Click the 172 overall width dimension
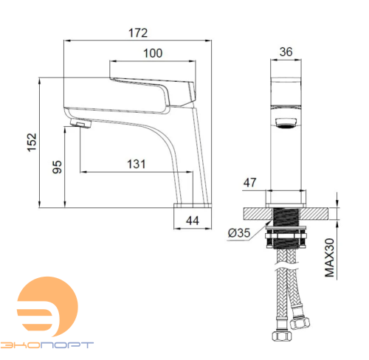(x=138, y=33)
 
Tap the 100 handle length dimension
(x=153, y=53)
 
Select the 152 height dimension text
(x=32, y=142)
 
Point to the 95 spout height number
(x=57, y=167)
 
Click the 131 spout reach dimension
(x=137, y=164)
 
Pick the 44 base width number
(x=193, y=221)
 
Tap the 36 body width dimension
(x=286, y=52)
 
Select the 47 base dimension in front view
(x=249, y=183)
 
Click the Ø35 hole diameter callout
(x=239, y=233)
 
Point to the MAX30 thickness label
(x=330, y=257)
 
